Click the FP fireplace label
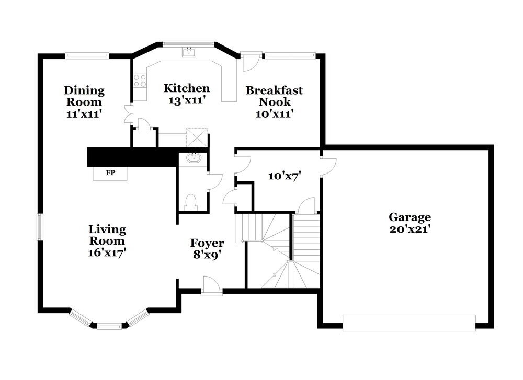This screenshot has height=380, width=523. click(x=110, y=173)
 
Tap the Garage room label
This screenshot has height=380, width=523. click(x=410, y=217)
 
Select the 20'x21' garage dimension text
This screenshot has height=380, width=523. click(x=410, y=229)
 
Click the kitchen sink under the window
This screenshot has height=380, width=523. click(x=188, y=52)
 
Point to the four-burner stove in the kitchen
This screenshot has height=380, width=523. click(x=140, y=80)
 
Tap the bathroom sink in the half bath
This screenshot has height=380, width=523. click(x=194, y=157)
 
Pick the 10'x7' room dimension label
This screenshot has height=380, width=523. click(x=283, y=176)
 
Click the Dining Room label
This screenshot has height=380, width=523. click(x=84, y=96)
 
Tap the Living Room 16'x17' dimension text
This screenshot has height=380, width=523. click(x=107, y=252)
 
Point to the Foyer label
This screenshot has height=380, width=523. click(x=207, y=243)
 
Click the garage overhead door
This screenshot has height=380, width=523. click(x=409, y=323)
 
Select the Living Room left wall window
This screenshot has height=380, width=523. click(x=39, y=227)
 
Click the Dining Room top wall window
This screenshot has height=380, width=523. click(x=87, y=55)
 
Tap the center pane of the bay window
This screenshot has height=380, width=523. click(x=109, y=326)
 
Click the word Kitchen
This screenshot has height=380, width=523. click(x=187, y=88)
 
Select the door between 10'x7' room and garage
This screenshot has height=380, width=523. click(x=327, y=165)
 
